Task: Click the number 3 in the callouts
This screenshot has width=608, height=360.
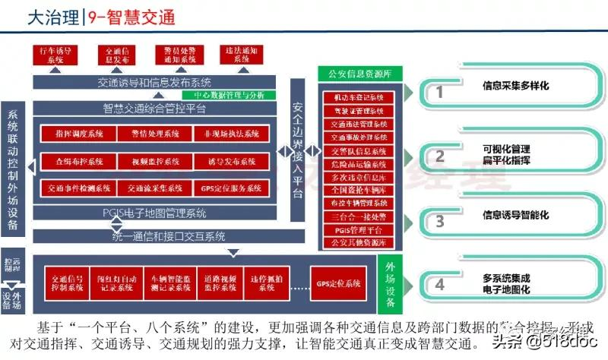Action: [x=439, y=222]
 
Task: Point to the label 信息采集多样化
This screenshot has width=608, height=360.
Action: [x=515, y=87]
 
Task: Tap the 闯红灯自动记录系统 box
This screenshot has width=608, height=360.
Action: [x=115, y=283]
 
